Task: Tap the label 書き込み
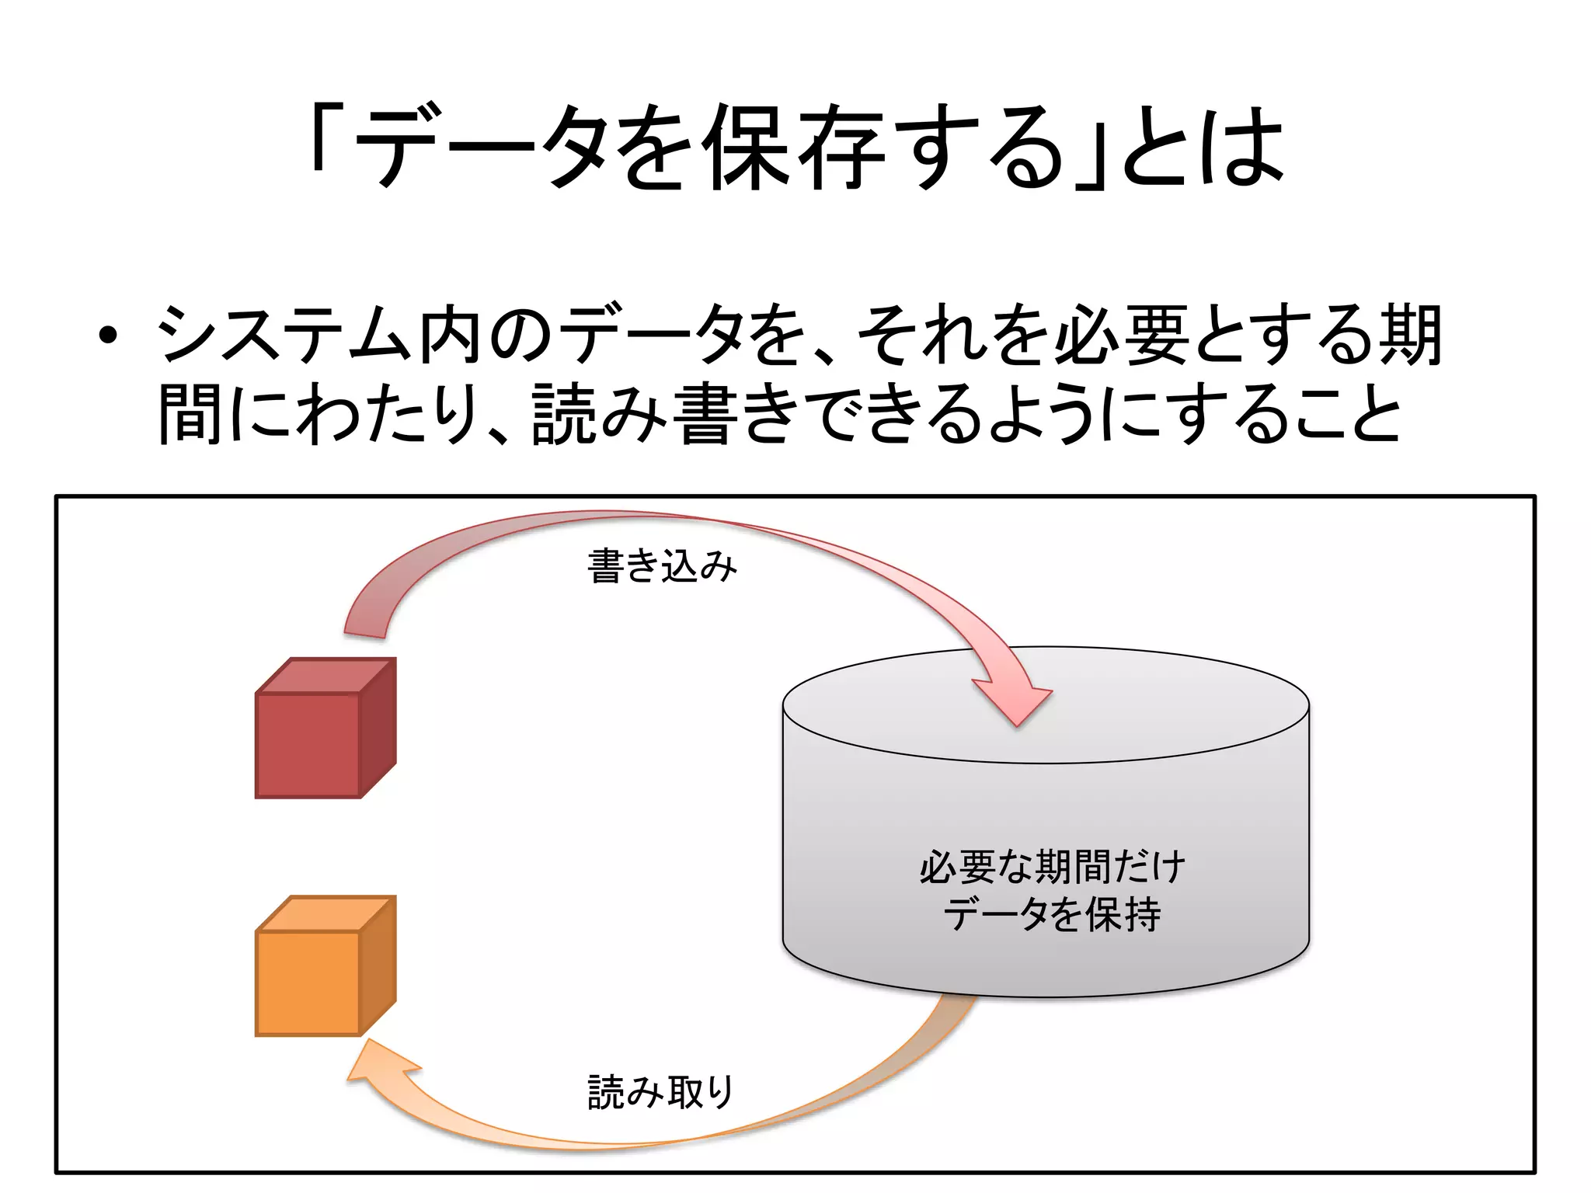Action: pyautogui.click(x=661, y=566)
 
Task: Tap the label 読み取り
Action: pyautogui.click(x=661, y=1092)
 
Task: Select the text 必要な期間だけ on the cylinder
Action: pyautogui.click(x=1053, y=868)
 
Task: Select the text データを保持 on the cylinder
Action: pyautogui.click(x=1053, y=914)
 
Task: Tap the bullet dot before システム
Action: pyautogui.click(x=108, y=336)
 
